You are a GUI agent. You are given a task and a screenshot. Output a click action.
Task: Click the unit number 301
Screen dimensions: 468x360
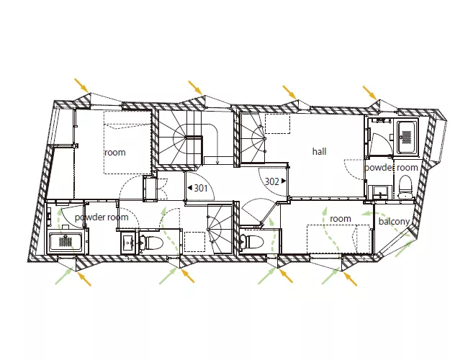coord(201,188)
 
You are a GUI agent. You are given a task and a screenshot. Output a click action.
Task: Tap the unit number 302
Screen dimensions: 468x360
coord(272,181)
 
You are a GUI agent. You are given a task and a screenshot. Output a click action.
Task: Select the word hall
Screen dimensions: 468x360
coord(320,151)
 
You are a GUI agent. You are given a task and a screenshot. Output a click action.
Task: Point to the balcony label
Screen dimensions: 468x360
coord(394,222)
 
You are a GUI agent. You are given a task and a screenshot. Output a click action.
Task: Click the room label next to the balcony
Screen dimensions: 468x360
coord(341,218)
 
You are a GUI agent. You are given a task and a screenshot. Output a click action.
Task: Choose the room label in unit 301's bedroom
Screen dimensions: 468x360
coord(115,152)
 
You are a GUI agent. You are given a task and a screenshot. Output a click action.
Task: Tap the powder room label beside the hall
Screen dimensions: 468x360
coord(391,168)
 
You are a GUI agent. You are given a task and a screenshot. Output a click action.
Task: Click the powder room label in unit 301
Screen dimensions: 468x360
coord(102,217)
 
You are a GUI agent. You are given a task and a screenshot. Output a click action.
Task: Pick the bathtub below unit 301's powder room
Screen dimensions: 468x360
coord(66,242)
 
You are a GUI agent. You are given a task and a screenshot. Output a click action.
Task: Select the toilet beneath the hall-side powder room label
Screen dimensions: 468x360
coord(405,187)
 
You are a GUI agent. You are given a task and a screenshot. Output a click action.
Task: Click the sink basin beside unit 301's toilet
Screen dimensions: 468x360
coord(129,243)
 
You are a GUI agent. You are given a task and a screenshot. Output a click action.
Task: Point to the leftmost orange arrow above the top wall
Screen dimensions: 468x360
coord(81,85)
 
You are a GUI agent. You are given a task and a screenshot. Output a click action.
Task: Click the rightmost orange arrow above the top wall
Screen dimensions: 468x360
coord(369,92)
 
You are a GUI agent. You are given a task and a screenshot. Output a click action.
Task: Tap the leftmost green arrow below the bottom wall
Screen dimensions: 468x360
coord(64,276)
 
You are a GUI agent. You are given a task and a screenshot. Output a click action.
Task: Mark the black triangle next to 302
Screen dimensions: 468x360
coord(284,181)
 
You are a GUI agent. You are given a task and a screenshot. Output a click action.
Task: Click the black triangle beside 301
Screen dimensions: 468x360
coord(189,188)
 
